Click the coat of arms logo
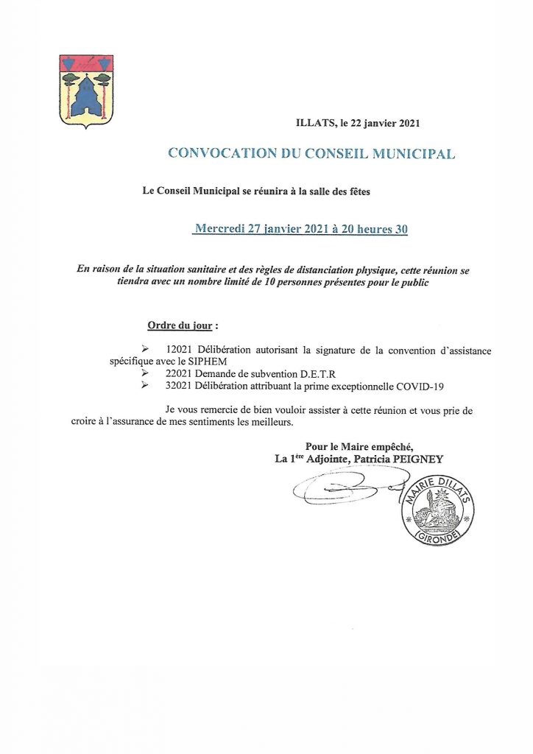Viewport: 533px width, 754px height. click(x=86, y=90)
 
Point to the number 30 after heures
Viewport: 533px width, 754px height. click(x=401, y=229)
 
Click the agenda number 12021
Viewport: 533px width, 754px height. click(x=180, y=350)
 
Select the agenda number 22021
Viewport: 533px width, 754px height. click(x=180, y=374)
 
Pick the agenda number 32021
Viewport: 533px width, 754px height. click(x=180, y=386)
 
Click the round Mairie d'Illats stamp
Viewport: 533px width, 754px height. click(x=437, y=510)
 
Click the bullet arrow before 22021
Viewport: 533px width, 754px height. click(x=145, y=374)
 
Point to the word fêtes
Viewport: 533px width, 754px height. click(x=356, y=191)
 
